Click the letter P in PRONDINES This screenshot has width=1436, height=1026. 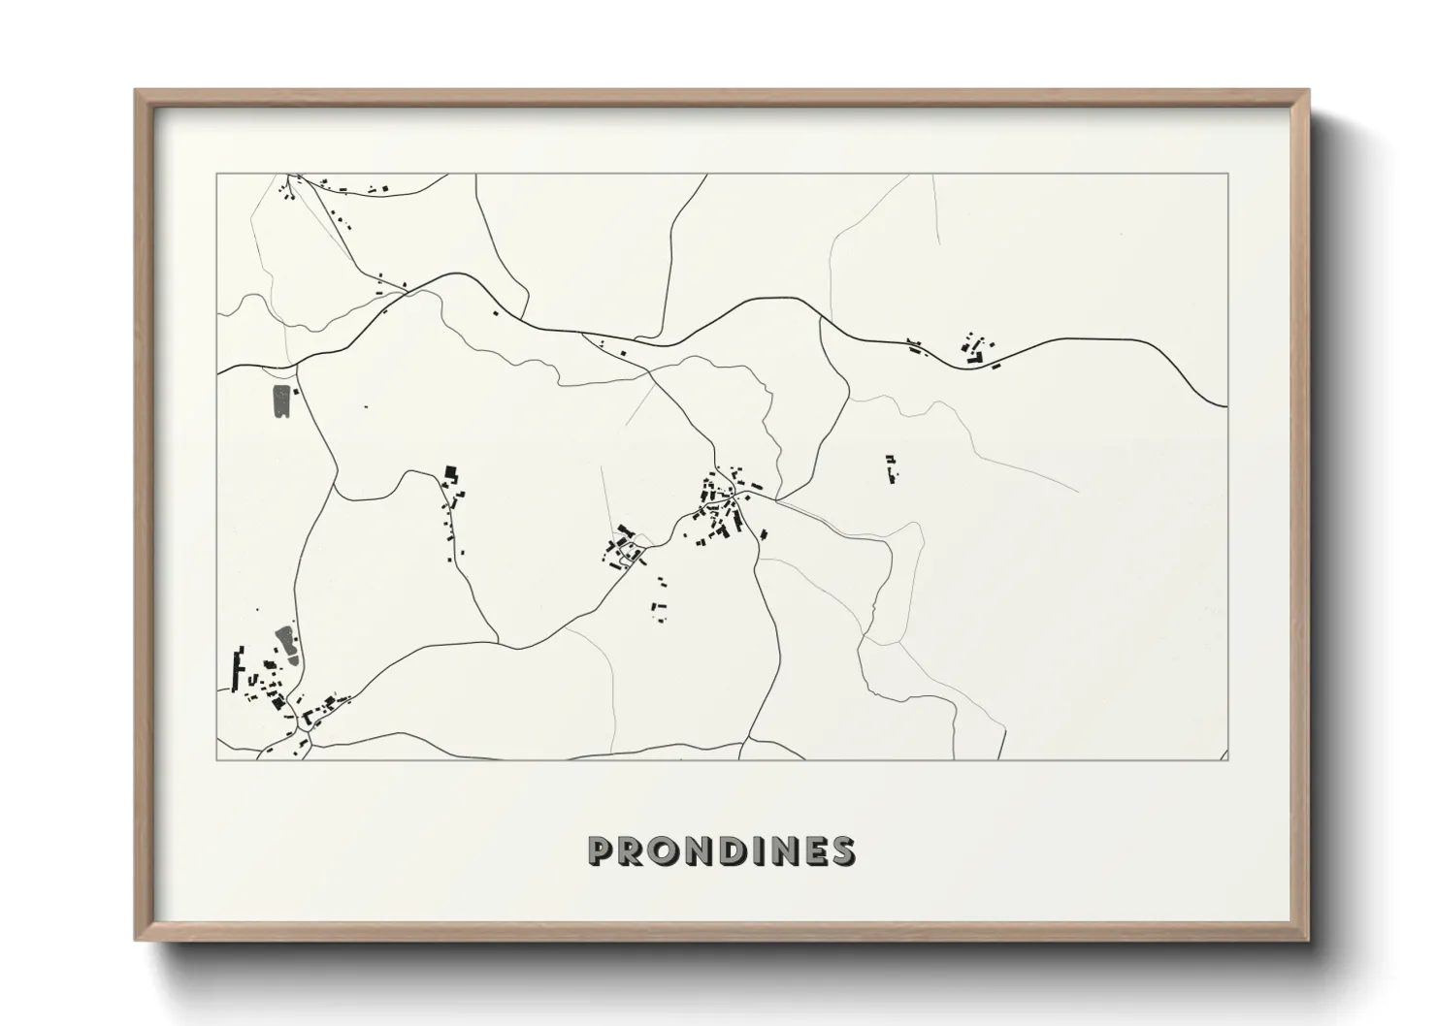[603, 850]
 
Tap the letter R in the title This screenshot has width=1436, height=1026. [636, 850]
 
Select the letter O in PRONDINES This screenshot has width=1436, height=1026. [669, 850]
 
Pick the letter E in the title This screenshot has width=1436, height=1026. [816, 850]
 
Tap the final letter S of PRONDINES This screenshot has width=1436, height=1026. [844, 850]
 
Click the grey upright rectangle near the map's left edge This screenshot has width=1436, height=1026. [281, 401]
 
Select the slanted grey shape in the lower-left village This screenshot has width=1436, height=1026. [286, 640]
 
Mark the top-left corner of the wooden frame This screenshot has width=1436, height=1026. [137, 91]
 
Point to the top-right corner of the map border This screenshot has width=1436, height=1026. [1227, 174]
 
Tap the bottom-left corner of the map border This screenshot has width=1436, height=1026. [217, 759]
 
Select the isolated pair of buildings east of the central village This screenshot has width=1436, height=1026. [890, 468]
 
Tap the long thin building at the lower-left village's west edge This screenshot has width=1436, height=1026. [235, 668]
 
